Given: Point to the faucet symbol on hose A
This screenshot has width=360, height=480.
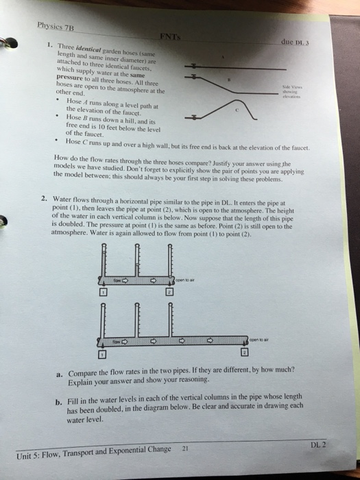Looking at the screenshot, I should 196,64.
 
